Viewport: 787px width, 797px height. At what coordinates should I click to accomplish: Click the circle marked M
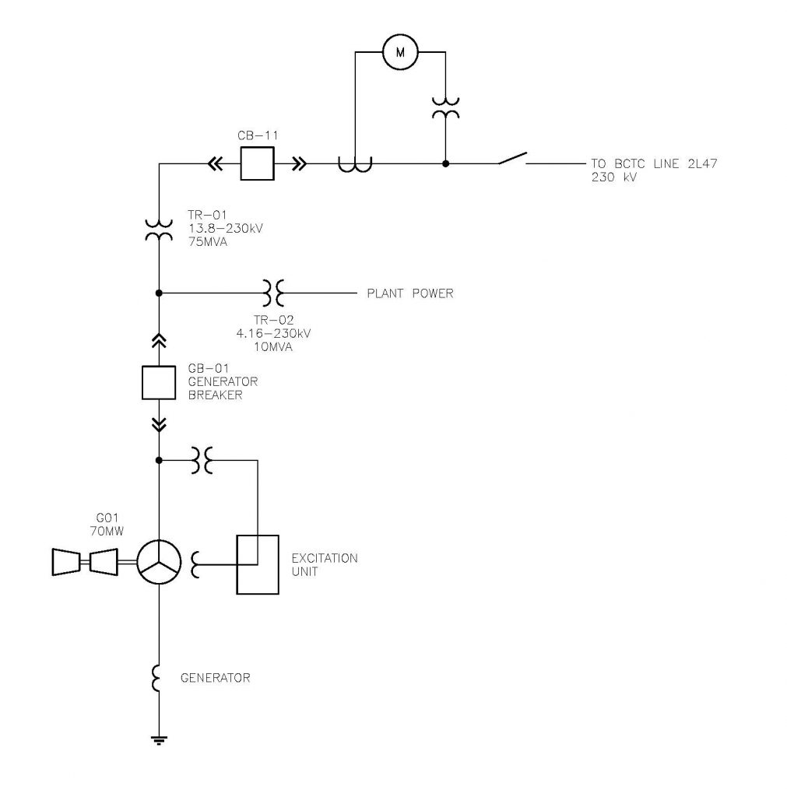tap(400, 52)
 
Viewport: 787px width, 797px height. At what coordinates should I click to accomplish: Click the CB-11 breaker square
tap(255, 164)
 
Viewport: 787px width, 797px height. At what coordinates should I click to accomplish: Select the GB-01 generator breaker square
tap(159, 381)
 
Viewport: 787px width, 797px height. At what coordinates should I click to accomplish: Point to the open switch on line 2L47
tap(512, 159)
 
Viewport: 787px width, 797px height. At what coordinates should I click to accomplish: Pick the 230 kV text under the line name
tap(609, 177)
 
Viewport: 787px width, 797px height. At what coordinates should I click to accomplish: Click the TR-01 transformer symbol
tap(159, 230)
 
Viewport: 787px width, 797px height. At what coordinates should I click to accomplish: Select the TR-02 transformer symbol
tap(272, 293)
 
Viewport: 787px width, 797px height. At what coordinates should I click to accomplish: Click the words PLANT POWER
tap(409, 294)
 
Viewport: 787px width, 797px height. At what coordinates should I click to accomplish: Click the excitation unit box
tap(257, 564)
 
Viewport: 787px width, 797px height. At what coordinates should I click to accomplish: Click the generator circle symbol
tap(159, 560)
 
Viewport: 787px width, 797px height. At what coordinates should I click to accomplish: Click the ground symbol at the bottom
tap(159, 739)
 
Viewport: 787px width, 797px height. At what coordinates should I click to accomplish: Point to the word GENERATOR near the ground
tap(215, 678)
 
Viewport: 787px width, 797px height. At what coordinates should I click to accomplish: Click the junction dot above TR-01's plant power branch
tap(159, 293)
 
